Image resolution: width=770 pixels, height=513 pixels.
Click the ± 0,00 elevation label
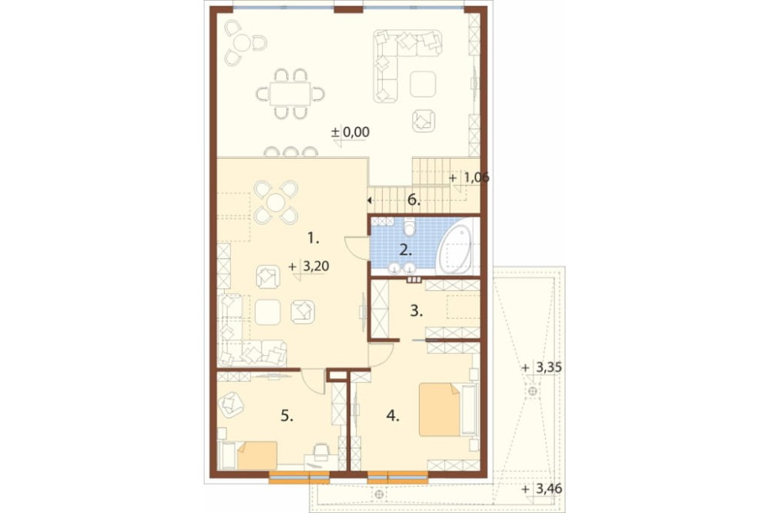pyautogui.click(x=350, y=132)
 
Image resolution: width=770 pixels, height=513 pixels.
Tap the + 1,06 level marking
pyautogui.click(x=469, y=177)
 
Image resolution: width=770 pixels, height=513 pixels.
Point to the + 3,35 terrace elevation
pyautogui.click(x=541, y=367)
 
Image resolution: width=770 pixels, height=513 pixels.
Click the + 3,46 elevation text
pyautogui.click(x=541, y=489)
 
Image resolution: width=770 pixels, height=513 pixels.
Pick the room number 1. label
pyautogui.click(x=313, y=239)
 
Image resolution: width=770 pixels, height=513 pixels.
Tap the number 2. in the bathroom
pyautogui.click(x=406, y=250)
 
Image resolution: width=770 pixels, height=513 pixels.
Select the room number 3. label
pyautogui.click(x=416, y=311)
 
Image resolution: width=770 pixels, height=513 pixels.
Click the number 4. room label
pyautogui.click(x=393, y=416)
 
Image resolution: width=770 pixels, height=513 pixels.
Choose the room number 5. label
pyautogui.click(x=286, y=416)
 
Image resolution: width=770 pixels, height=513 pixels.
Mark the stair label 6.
pyautogui.click(x=414, y=200)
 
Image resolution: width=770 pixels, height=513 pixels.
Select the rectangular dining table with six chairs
pyautogui.click(x=290, y=93)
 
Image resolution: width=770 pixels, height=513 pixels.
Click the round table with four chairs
pyautogui.click(x=276, y=202)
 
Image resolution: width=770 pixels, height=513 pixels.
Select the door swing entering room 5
pyautogui.click(x=313, y=381)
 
